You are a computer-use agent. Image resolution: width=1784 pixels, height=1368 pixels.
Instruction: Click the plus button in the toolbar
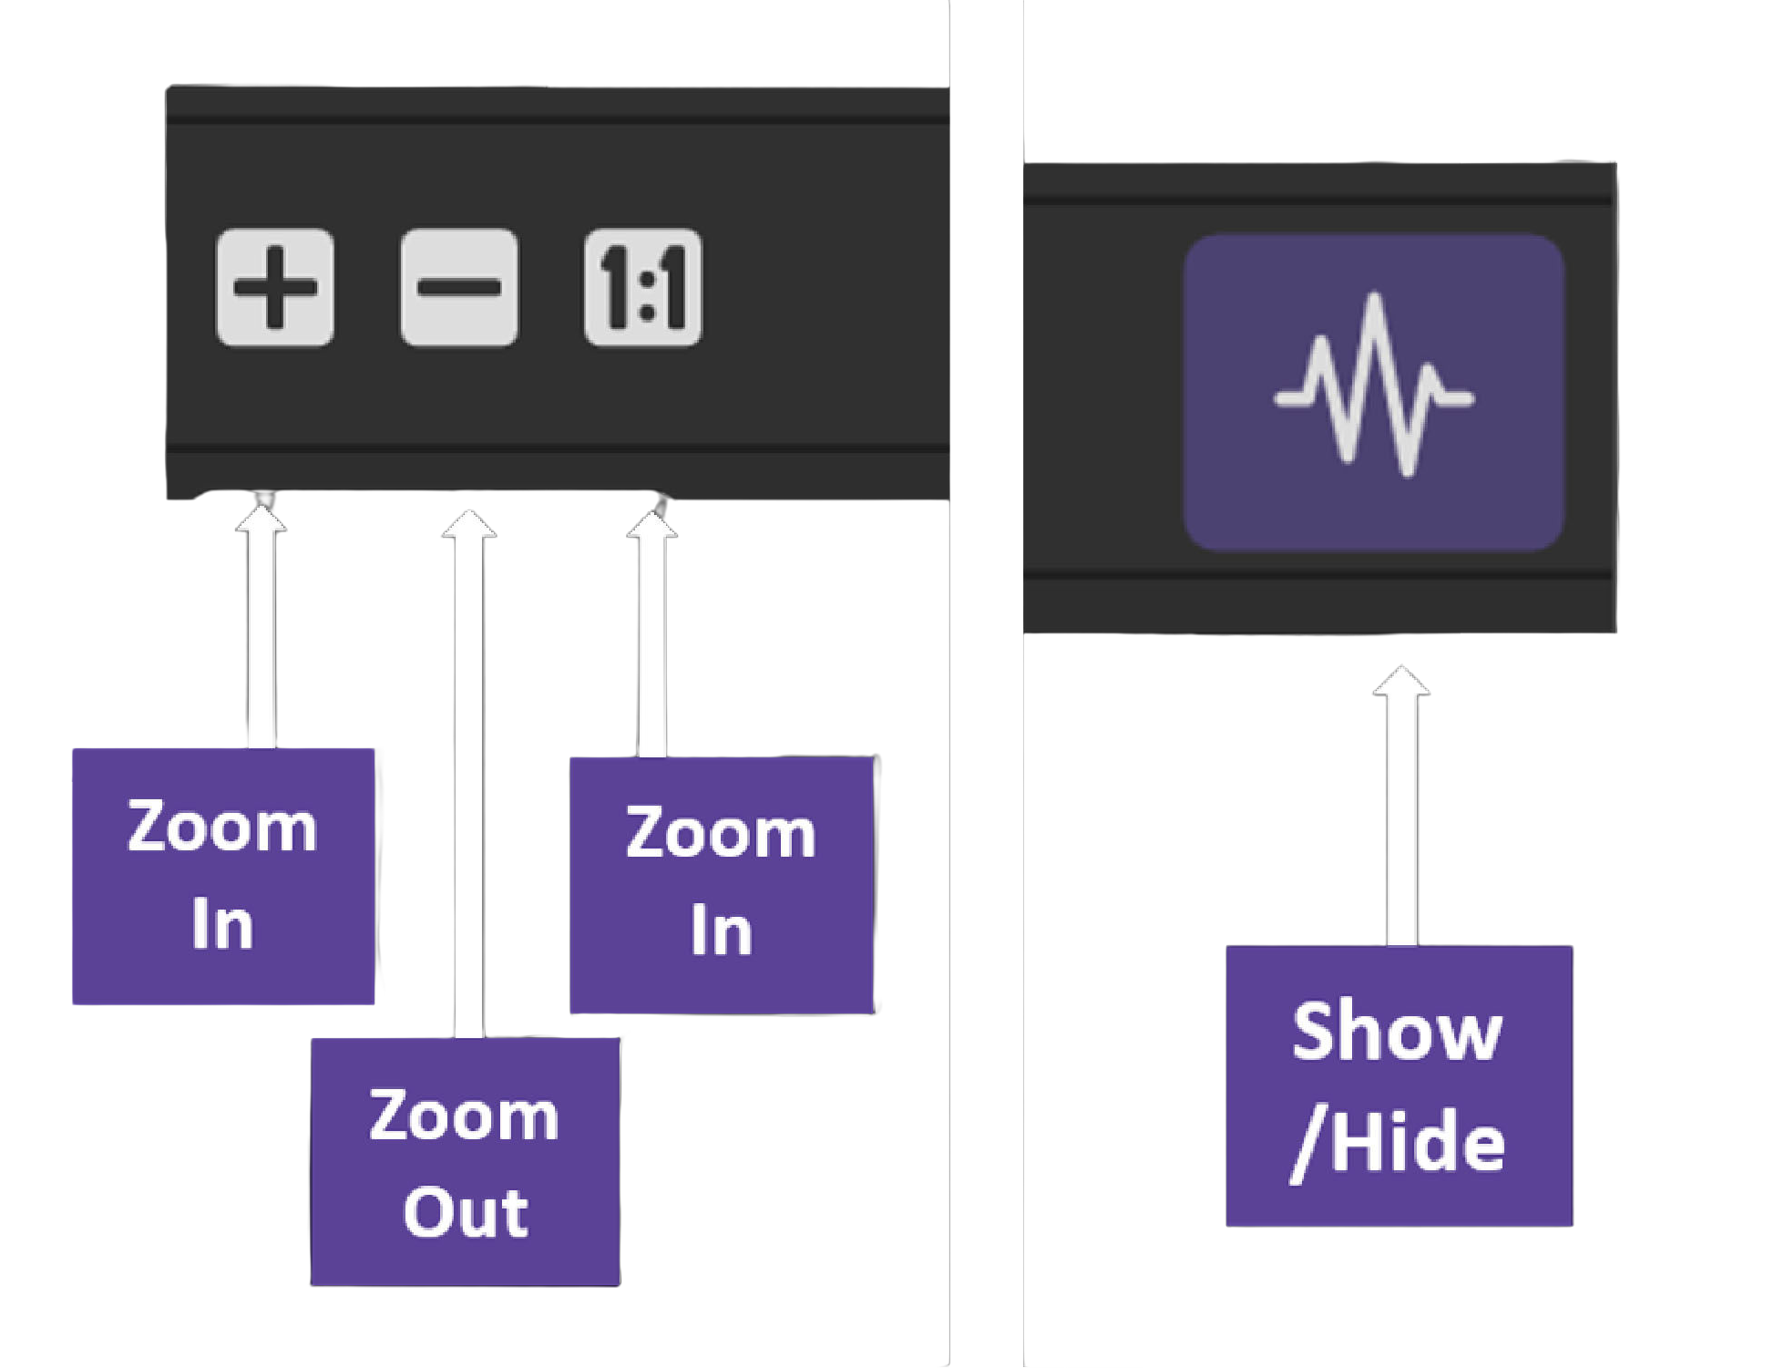point(275,288)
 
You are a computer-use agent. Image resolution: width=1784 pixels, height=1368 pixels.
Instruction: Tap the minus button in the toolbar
point(459,288)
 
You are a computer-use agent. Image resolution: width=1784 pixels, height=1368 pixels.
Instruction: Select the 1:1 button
point(643,288)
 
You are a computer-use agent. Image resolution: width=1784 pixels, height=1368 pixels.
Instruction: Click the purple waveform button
point(1374,392)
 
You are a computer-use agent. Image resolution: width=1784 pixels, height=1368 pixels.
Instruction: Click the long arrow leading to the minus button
point(469,775)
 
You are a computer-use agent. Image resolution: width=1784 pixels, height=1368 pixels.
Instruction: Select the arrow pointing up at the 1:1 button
point(651,638)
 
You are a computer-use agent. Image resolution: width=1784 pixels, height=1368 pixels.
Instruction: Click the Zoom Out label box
point(465,1162)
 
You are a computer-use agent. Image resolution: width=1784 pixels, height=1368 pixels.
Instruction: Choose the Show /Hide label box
point(1400,1085)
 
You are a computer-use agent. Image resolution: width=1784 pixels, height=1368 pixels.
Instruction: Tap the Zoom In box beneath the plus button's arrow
point(223,877)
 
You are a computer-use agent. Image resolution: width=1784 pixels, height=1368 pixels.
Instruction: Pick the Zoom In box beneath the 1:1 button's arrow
point(722,884)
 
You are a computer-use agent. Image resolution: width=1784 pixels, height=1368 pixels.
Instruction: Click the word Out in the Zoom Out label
point(466,1212)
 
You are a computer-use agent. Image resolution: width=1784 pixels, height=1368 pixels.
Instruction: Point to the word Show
point(1397,1032)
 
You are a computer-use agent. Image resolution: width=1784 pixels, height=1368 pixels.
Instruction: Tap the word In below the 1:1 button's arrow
point(721,930)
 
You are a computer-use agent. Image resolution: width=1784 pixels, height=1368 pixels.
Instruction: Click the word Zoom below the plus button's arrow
point(222,828)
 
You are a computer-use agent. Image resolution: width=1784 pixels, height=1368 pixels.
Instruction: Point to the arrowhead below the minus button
point(469,523)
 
